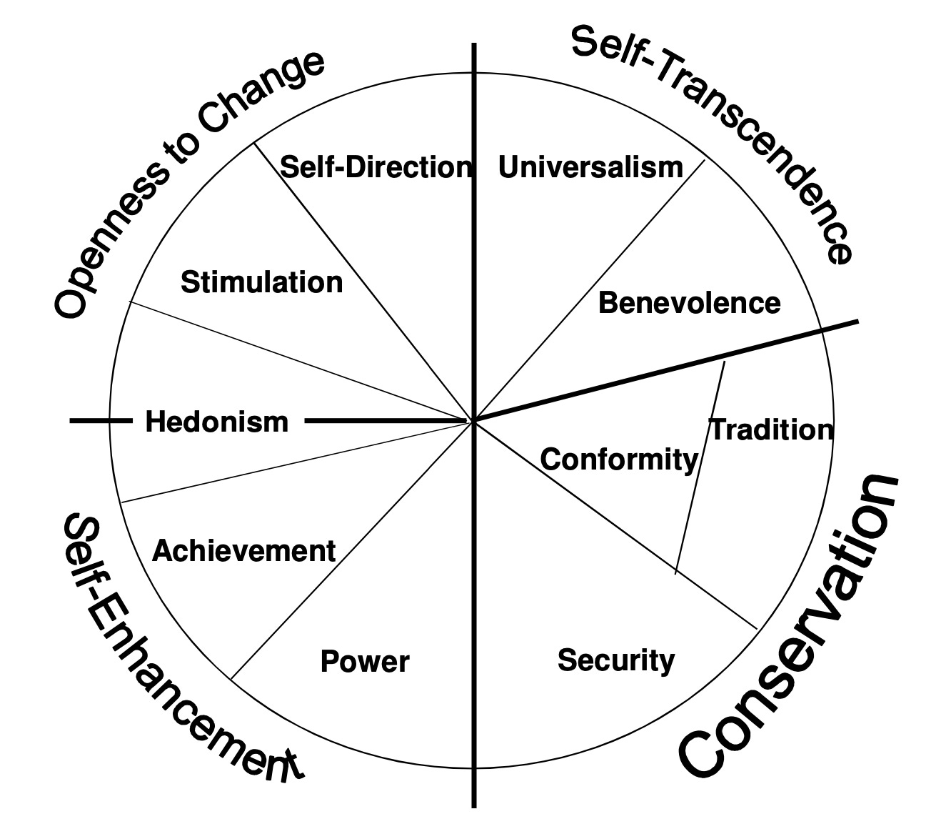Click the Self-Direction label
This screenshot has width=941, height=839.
376,167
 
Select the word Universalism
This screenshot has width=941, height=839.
590,167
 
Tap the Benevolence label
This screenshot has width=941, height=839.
689,303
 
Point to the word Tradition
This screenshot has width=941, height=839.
771,430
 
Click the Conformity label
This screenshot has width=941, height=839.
618,459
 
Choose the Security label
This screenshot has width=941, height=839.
615,660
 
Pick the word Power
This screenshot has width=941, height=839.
365,662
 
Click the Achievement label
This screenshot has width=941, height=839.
243,551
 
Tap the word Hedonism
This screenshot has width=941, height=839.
216,422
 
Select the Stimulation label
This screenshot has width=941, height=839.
261,282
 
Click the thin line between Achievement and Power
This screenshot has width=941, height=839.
350,550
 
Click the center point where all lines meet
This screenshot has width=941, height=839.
473,421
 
